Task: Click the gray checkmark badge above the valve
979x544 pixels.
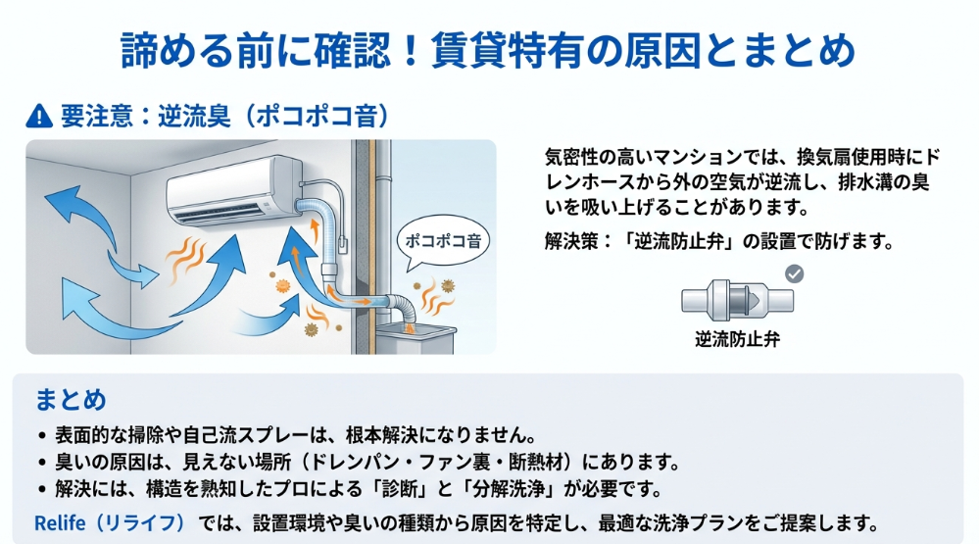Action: click(795, 273)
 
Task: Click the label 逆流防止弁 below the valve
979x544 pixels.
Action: click(737, 340)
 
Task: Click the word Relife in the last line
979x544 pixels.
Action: click(61, 523)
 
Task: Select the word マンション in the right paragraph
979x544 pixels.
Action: click(702, 157)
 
